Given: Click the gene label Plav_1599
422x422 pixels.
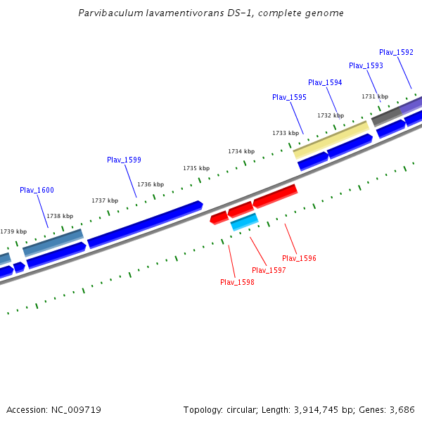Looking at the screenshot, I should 124,160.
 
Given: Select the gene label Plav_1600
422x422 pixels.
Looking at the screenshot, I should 37,190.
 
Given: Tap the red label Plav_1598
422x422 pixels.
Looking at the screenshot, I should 237,282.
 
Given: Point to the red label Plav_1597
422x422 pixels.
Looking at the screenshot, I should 269,270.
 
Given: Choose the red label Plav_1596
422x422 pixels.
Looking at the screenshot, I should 299,258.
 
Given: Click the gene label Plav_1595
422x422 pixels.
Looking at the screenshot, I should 289,97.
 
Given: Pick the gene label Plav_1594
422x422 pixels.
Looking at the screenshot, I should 325,82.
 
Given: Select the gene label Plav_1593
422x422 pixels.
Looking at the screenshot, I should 366,65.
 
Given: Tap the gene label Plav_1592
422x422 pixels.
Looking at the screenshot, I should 396,52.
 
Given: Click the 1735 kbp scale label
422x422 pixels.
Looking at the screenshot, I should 196,168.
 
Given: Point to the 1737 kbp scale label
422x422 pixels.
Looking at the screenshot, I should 105,200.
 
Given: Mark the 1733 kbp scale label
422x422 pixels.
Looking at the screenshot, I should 286,133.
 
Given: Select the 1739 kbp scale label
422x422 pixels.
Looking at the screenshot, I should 13,231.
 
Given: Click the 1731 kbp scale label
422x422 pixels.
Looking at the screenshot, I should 375,96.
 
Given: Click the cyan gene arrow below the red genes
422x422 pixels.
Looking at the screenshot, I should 245,222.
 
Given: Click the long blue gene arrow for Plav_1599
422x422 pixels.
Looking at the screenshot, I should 145,224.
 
